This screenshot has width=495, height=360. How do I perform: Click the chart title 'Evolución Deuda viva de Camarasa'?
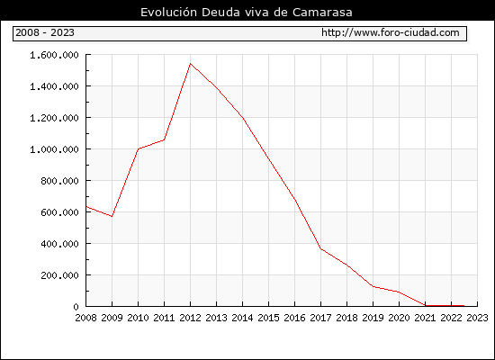(247, 12)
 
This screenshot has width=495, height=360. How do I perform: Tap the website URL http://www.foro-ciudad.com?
(391, 32)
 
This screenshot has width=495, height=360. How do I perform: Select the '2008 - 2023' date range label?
(45, 32)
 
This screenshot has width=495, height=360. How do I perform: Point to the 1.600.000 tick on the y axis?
(54, 55)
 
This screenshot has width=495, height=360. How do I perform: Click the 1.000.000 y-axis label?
(54, 149)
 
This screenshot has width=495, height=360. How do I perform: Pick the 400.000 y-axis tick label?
(59, 244)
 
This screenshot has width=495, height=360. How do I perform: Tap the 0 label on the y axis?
(76, 307)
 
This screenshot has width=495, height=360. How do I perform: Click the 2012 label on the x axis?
(190, 318)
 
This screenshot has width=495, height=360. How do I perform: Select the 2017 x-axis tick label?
(320, 318)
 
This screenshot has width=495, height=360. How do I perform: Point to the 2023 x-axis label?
(477, 318)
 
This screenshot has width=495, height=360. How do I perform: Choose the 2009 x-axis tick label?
(112, 318)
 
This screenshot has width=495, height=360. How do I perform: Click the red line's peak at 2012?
(190, 64)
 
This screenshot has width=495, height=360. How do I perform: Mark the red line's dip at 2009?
(112, 216)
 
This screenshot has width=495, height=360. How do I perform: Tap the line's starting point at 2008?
(86, 207)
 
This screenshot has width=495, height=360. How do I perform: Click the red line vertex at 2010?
(138, 149)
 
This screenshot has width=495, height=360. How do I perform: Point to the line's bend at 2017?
(320, 248)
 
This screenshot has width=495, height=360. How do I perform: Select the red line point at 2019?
(373, 287)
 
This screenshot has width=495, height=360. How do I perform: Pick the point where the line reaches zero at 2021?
(425, 305)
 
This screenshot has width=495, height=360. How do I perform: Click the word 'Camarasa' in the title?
(322, 13)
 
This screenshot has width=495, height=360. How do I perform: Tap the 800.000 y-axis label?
(59, 181)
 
